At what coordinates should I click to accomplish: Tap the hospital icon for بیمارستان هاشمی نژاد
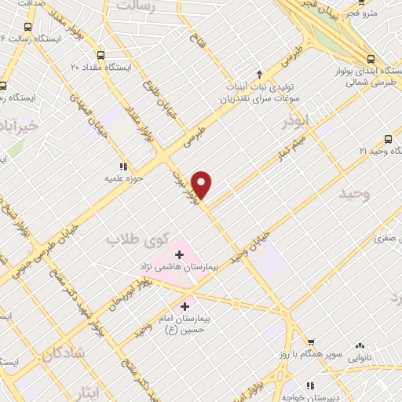click(x=179, y=254)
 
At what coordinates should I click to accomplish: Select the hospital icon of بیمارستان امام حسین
click(x=185, y=306)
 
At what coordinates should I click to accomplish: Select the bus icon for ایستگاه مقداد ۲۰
click(x=100, y=55)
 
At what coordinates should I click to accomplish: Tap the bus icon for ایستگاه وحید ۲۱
click(x=388, y=138)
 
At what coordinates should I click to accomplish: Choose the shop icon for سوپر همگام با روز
click(x=312, y=342)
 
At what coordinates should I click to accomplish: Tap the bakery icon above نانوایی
click(x=360, y=345)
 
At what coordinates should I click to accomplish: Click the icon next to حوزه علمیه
click(x=122, y=166)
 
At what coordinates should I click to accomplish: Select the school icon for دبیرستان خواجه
click(x=311, y=386)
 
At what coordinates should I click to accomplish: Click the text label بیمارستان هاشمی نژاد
click(x=181, y=268)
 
